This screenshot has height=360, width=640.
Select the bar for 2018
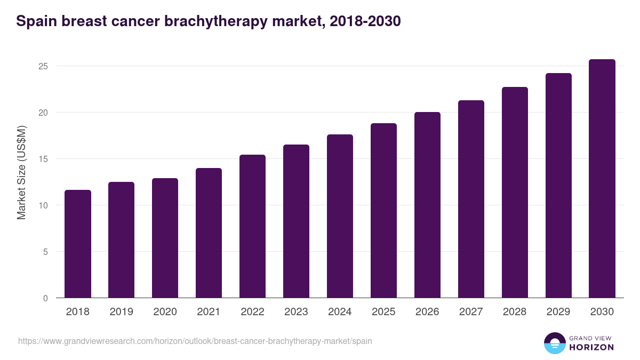click(x=78, y=244)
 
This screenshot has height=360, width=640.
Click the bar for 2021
click(x=209, y=233)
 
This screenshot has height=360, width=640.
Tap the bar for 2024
click(x=340, y=216)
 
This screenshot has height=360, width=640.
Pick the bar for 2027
click(x=471, y=199)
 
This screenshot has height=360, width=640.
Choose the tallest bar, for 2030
click(x=602, y=179)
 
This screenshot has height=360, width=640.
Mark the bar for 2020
click(x=165, y=238)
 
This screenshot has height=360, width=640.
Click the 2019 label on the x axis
click(x=121, y=312)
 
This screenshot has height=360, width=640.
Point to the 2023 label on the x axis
click(x=296, y=312)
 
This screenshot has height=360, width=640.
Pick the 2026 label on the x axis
click(x=427, y=312)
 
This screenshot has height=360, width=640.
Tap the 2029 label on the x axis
click(x=558, y=312)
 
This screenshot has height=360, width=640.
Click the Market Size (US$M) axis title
click(x=21, y=173)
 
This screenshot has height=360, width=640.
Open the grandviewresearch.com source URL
click(x=195, y=341)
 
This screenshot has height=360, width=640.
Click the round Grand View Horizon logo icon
click(x=555, y=343)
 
